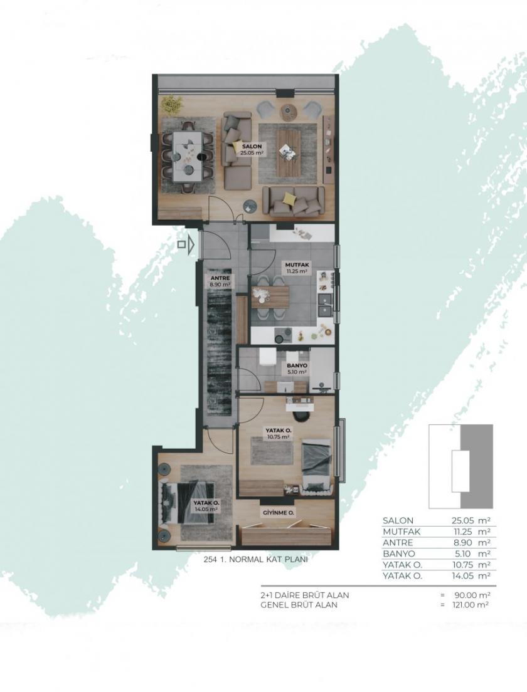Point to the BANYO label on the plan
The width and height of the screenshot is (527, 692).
tap(296, 367)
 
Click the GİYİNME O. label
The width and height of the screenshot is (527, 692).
tap(279, 512)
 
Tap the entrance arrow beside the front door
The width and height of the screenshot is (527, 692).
tap(183, 244)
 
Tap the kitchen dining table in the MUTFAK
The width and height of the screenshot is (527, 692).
tap(270, 296)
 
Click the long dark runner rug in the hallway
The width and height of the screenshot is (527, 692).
tap(219, 357)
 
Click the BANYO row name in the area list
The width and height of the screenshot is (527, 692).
tap(398, 553)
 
